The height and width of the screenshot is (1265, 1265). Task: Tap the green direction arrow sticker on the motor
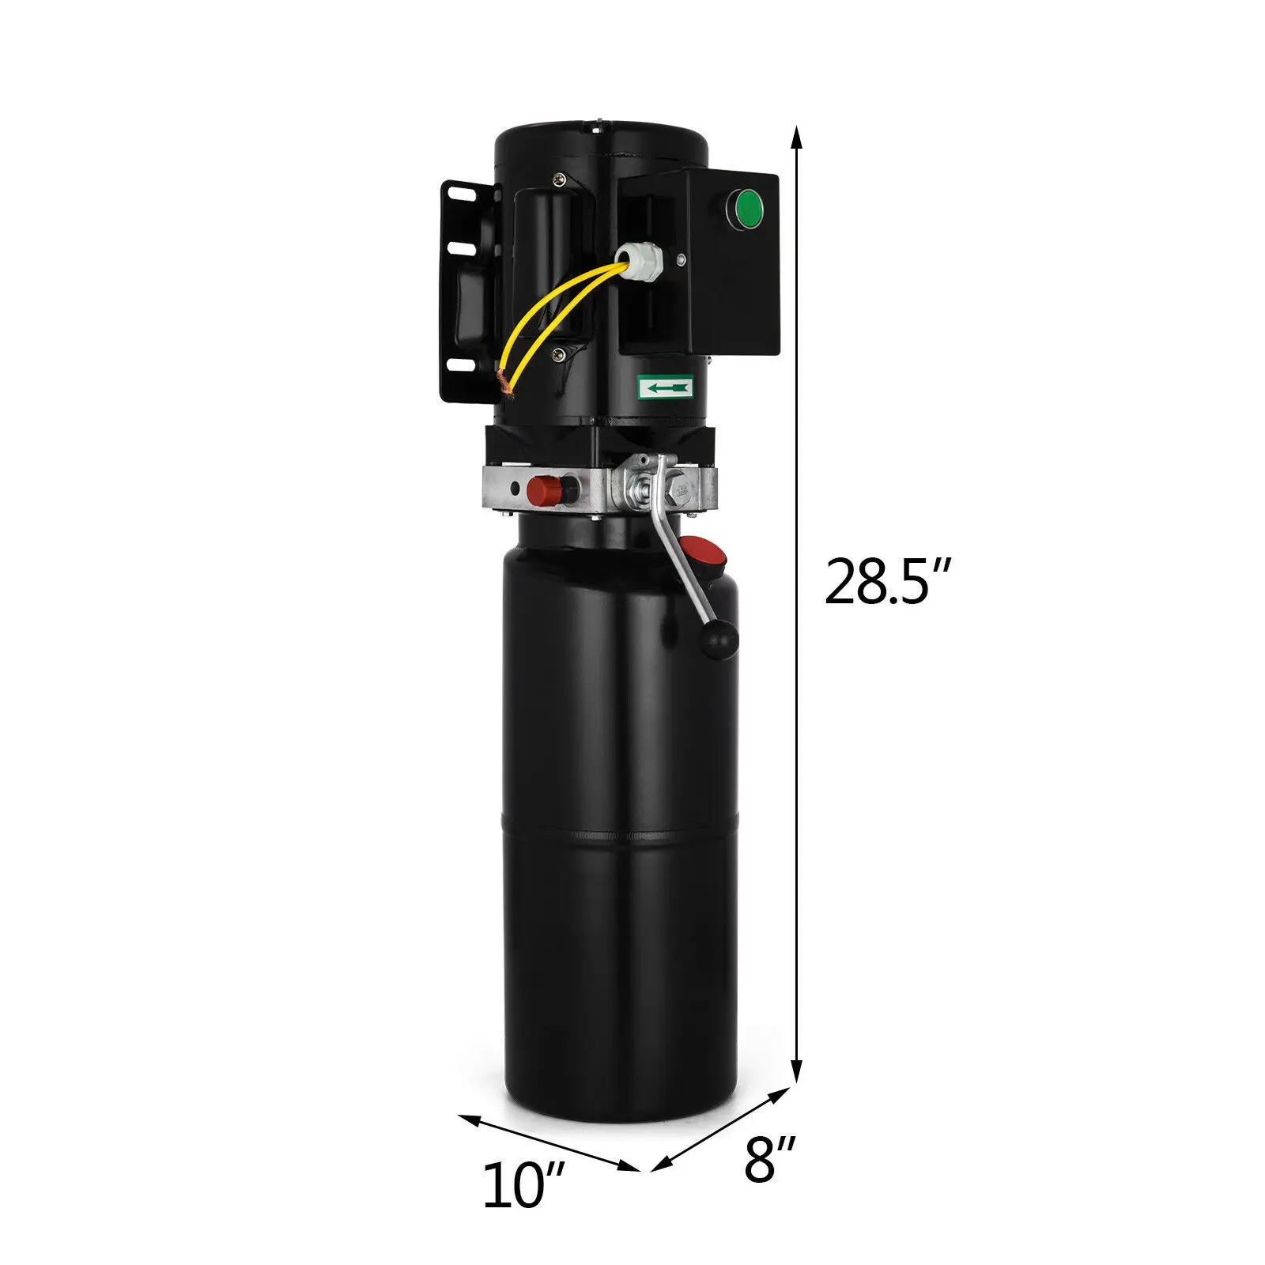(666, 387)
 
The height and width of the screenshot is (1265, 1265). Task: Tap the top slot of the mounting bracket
(457, 192)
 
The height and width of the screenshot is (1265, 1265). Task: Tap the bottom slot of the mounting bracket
(456, 365)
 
